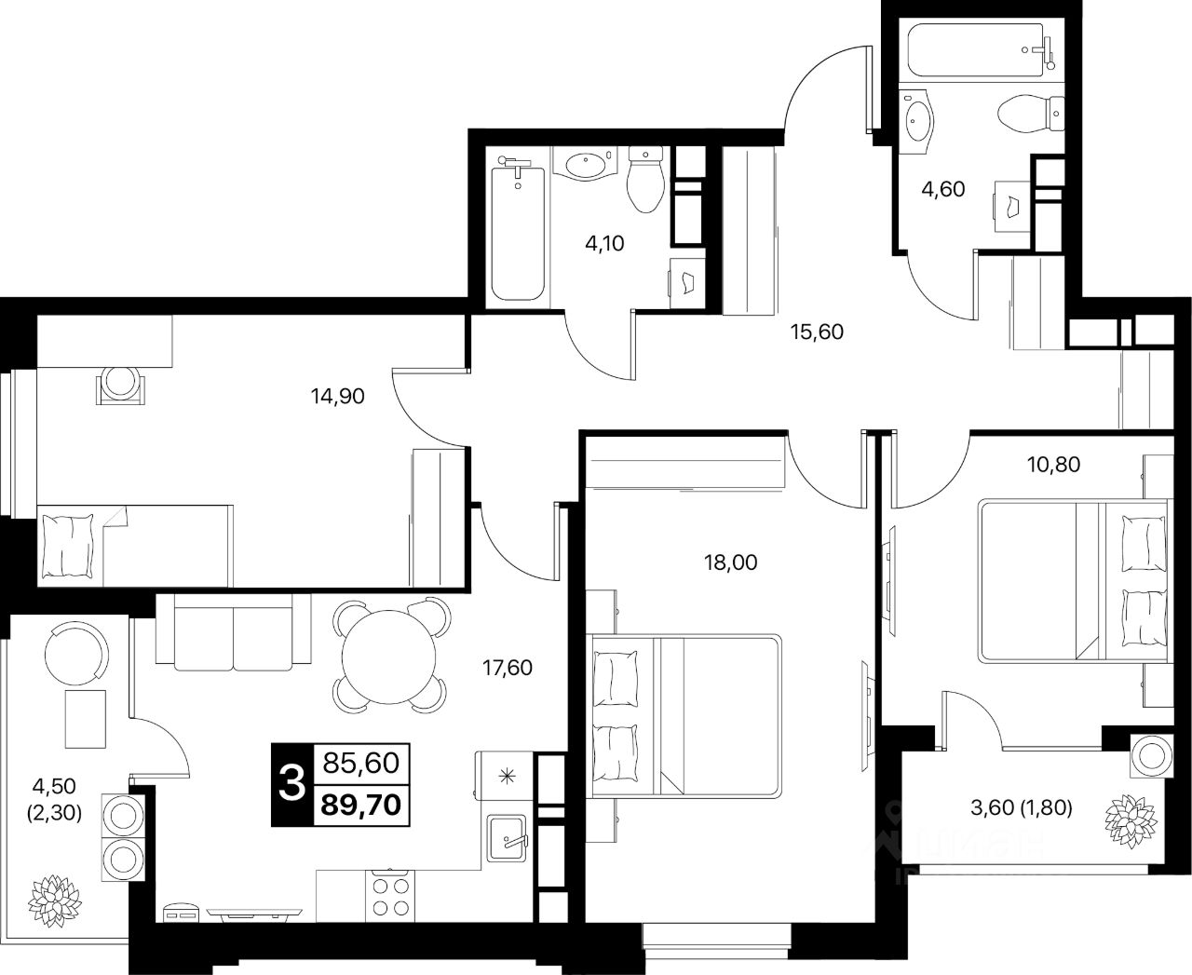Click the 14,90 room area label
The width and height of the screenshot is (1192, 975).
[337, 397]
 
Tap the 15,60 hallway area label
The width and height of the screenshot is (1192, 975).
[816, 331]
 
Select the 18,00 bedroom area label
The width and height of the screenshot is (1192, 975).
[731, 562]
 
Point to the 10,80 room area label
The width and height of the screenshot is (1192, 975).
[1054, 463]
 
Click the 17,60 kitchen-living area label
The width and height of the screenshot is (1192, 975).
[507, 667]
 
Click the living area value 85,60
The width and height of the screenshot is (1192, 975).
[359, 764]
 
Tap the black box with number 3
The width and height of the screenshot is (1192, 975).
[291, 785]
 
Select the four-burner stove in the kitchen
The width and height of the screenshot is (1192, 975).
[391, 897]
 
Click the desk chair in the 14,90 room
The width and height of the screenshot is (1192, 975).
[121, 384]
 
